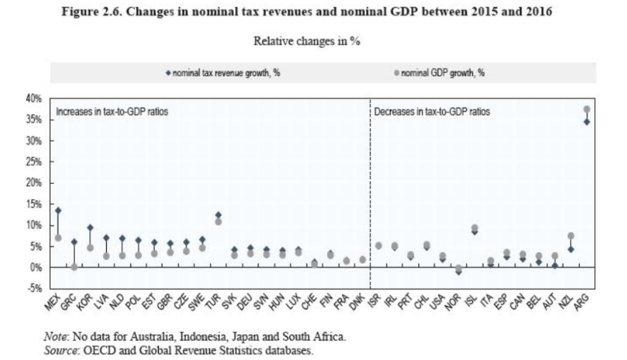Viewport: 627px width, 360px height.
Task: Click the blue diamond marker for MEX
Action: pos(58,211)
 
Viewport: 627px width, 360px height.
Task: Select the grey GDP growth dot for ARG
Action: pos(587,110)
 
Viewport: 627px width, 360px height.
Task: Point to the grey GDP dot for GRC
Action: pos(73,267)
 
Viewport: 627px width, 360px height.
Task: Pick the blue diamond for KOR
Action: pos(90,228)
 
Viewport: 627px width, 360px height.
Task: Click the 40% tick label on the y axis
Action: pos(35,98)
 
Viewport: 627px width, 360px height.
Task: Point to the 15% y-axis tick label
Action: pos(35,204)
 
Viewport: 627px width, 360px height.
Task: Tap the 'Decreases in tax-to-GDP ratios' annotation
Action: pos(432,112)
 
